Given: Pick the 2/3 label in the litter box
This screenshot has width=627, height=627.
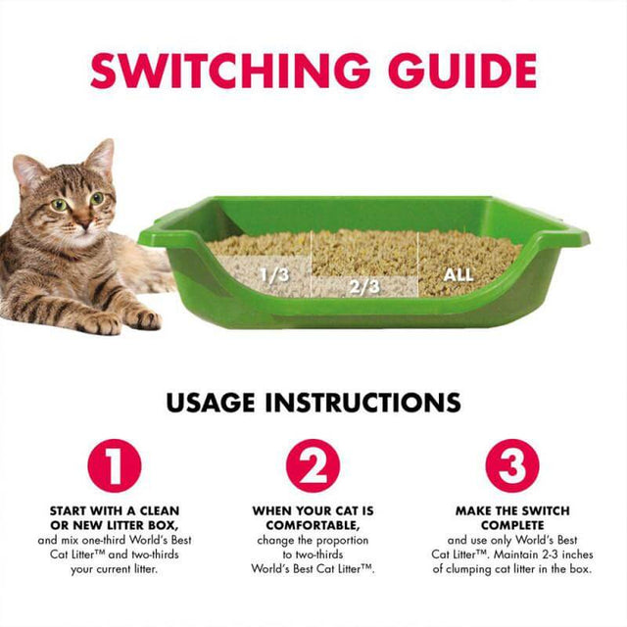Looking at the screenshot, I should click(x=364, y=286).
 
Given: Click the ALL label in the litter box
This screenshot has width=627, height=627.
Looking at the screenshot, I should click(x=458, y=274).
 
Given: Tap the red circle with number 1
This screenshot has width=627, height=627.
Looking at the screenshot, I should click(x=115, y=465).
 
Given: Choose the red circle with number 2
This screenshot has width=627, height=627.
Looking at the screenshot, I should click(x=313, y=465).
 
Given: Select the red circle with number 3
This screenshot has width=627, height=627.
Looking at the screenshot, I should click(x=511, y=465).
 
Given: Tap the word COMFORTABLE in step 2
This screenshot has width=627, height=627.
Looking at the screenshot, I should click(x=311, y=525).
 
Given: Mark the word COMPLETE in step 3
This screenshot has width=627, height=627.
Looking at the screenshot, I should click(x=511, y=525).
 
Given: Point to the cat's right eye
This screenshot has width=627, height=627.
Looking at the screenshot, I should click(x=60, y=205).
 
